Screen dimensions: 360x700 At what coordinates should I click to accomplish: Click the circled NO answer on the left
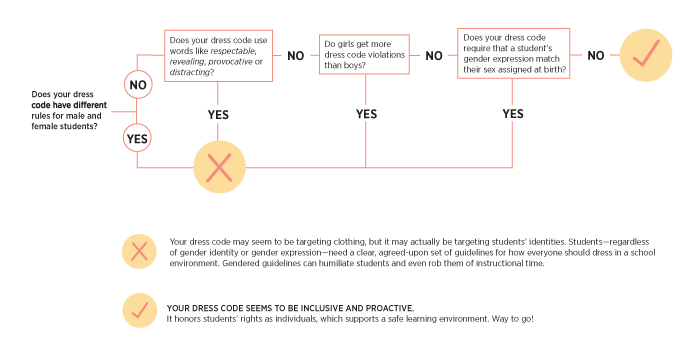138,86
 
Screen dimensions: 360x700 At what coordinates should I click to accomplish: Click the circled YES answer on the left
138,137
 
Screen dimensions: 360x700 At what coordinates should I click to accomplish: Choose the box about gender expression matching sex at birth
514,54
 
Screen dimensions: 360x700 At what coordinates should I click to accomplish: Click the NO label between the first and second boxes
296,55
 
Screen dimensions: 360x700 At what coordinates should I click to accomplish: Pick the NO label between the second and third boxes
433,55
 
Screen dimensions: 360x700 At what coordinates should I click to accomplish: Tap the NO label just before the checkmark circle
595,54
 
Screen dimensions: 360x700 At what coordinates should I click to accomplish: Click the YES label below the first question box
218,114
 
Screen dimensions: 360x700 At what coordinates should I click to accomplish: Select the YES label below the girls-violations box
366,114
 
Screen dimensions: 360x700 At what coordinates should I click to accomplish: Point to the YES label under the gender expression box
512,114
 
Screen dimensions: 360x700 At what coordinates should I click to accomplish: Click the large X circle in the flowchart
219,167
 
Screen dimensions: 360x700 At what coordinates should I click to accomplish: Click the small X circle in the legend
139,251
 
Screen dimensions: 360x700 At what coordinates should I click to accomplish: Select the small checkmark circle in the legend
139,311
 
